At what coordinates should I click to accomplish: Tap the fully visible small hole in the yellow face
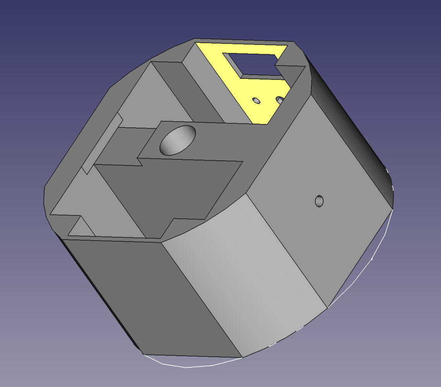(x=256, y=101)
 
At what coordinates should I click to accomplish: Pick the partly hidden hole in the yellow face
(x=279, y=100)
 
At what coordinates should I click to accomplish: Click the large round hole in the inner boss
(x=178, y=140)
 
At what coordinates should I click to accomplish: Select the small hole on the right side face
(x=319, y=201)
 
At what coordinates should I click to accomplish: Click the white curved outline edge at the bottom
(x=186, y=367)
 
